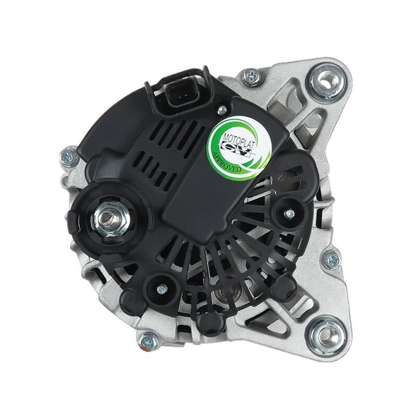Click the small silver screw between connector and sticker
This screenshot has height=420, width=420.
click(223, 109)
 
